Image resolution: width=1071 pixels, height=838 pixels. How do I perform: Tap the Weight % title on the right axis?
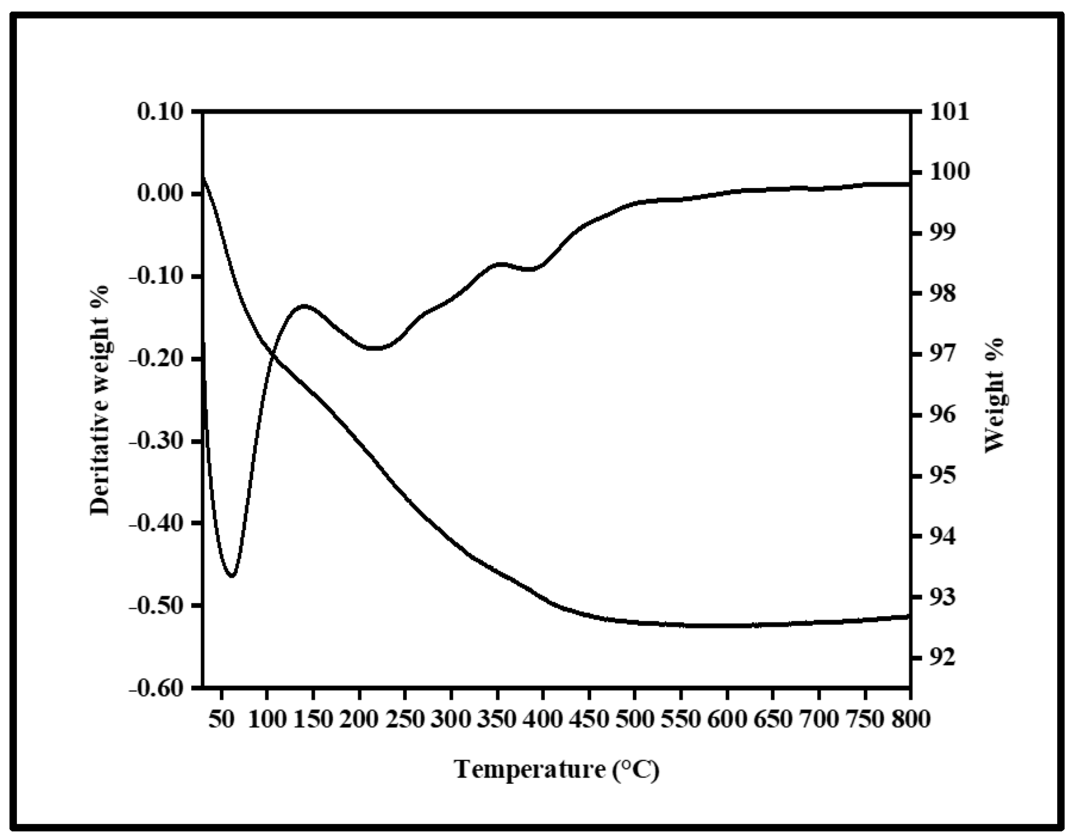(994, 395)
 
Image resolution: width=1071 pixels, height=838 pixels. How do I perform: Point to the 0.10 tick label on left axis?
(160, 112)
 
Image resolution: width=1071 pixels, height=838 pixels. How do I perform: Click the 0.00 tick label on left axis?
(160, 194)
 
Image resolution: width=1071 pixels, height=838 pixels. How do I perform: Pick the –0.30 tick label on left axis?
(157, 442)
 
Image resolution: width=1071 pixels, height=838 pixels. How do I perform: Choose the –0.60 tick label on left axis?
(157, 689)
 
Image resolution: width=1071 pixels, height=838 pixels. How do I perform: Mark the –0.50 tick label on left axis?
(157, 606)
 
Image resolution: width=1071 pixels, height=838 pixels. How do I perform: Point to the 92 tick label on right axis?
(940, 658)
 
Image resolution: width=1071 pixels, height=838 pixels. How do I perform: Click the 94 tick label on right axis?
(940, 536)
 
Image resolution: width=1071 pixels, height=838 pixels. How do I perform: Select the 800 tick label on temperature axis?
(910, 720)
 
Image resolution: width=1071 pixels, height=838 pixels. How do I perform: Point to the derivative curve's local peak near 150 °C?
(304, 306)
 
